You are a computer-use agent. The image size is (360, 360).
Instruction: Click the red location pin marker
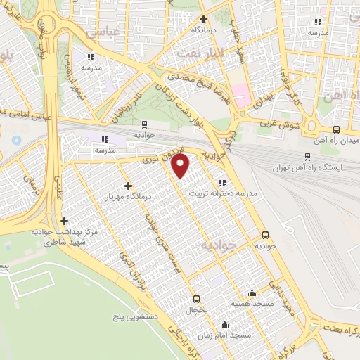181,166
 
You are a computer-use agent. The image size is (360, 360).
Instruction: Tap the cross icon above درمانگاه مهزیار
127,186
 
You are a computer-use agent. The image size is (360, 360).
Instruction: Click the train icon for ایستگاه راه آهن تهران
307,156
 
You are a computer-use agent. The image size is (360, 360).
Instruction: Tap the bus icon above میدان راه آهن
336,129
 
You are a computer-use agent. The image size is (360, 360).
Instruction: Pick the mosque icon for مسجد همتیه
252,292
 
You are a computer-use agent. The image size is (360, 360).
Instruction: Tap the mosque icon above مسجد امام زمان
224,324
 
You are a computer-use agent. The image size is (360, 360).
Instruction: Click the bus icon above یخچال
196,298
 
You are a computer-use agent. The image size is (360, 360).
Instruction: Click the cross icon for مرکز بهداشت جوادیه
64,221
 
